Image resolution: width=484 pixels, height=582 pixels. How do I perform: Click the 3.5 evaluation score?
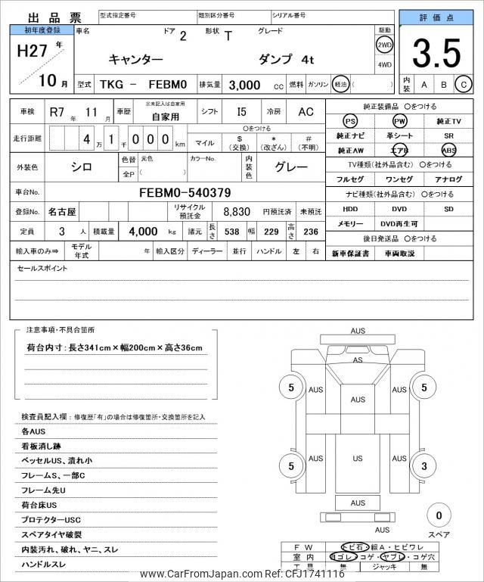pos(436,54)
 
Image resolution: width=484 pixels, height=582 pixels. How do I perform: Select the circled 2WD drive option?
pos(385,44)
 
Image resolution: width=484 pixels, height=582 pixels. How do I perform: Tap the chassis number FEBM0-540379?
pos(185,193)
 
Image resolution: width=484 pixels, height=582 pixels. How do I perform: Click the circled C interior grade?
pos(464,85)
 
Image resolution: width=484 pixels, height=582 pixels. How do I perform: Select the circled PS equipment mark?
pos(350,121)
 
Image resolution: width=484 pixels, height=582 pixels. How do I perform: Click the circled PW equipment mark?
pos(399,121)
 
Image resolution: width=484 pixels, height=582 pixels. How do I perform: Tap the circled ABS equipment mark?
pos(449,150)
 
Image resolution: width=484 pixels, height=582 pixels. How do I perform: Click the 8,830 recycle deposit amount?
pos(236,213)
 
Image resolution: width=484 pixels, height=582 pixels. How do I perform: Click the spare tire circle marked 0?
pos(439,516)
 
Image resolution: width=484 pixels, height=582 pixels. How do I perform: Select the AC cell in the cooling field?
pos(306,112)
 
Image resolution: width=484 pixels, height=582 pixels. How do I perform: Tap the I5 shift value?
pos(241,112)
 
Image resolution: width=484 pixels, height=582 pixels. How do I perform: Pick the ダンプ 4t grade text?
pos(287,59)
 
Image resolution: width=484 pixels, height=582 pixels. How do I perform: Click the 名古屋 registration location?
pos(62,213)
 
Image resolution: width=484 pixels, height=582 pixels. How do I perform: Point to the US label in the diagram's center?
pos(358,459)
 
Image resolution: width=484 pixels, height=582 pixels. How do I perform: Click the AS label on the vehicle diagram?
pos(358,360)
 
